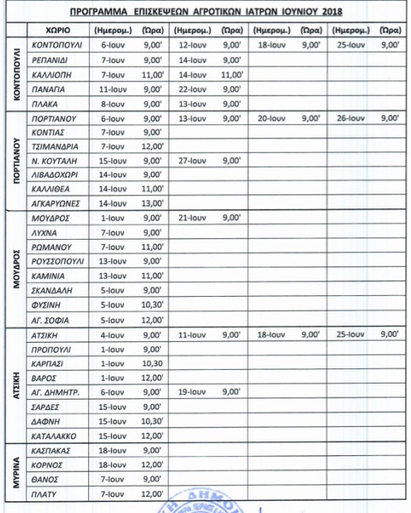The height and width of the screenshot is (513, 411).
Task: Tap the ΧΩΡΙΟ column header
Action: pyautogui.click(x=58, y=31)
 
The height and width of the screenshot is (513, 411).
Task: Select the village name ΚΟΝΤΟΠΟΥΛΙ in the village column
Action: pyautogui.click(x=58, y=45)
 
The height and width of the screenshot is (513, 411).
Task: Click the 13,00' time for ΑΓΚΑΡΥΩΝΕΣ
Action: pyautogui.click(x=153, y=203)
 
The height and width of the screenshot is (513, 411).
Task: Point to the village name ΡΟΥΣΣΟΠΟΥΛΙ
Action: pyautogui.click(x=58, y=261)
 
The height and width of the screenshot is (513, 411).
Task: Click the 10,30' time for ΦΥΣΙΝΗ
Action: pyautogui.click(x=153, y=305)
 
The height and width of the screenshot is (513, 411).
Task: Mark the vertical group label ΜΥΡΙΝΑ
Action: pyautogui.click(x=16, y=471)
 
